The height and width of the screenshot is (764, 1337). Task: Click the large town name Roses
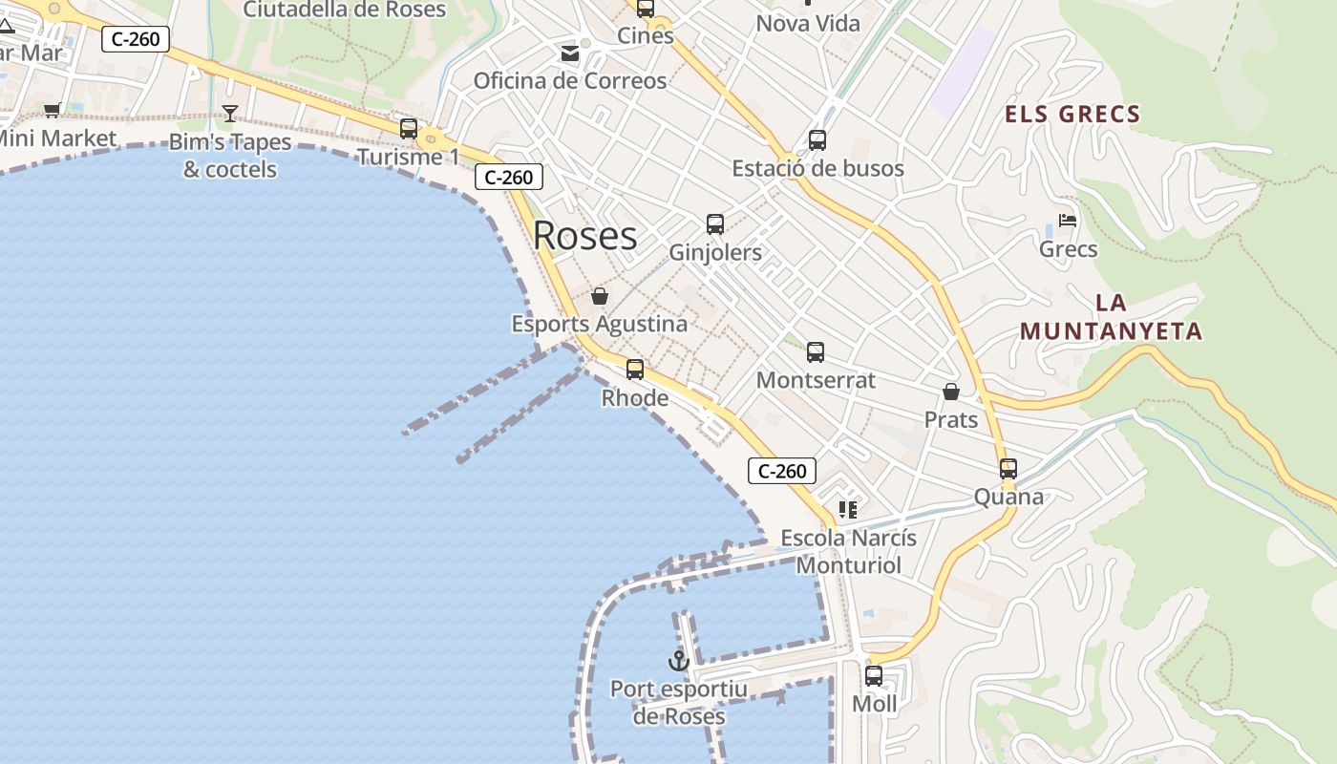584,236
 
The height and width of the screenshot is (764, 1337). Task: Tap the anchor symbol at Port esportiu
678,660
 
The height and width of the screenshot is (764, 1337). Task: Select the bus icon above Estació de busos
817,140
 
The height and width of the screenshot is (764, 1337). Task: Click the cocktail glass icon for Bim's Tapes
230,114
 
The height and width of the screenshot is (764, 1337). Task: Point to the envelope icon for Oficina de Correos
570,53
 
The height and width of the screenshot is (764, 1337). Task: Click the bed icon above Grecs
1068,221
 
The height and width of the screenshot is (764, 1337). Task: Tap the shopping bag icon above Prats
951,392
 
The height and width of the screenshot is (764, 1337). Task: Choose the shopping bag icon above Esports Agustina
600,296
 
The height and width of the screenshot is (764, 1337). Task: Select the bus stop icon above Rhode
635,370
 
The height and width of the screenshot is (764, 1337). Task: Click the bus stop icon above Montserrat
816,352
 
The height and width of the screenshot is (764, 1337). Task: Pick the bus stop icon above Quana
1008,469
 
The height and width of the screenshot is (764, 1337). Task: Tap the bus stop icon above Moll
874,676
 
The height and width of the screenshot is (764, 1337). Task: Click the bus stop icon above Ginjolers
715,224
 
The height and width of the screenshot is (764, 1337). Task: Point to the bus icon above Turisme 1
409,128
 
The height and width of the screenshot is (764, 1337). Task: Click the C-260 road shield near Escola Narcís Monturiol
782,470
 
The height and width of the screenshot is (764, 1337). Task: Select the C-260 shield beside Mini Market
136,39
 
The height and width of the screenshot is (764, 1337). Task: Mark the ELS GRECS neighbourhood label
1072,115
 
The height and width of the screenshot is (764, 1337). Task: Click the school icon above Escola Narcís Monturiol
848,510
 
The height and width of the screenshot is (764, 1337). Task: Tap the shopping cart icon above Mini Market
53,110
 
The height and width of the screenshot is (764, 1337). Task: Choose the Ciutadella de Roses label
345,10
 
